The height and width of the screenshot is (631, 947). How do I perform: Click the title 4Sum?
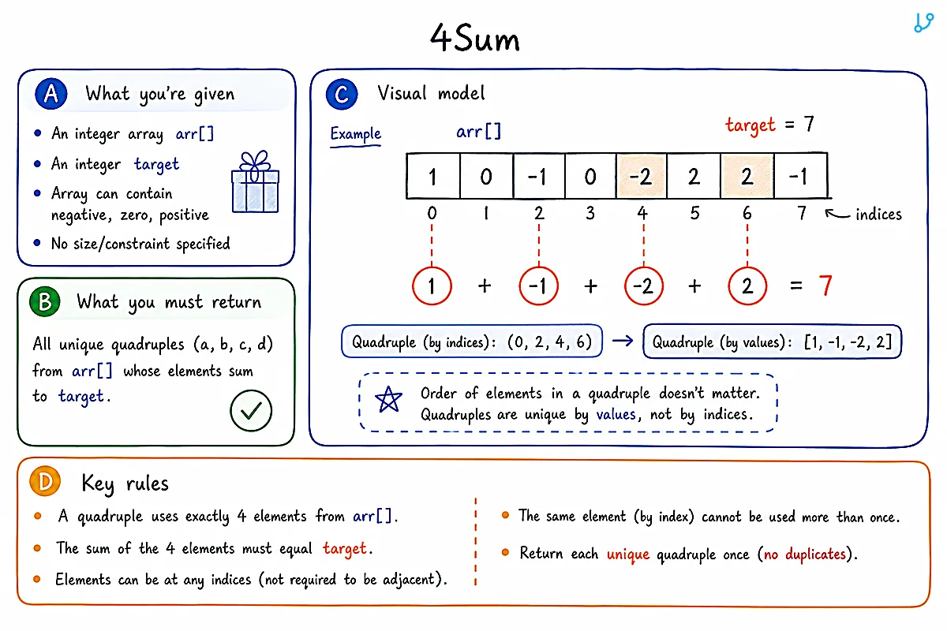pos(474,38)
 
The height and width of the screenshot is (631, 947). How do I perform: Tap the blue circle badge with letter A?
pos(51,93)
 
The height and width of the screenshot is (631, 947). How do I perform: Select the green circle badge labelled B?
pos(45,302)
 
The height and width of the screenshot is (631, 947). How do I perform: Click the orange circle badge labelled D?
pos(45,481)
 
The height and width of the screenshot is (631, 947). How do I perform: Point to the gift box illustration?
pos(256,181)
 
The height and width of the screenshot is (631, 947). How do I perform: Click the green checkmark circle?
pos(251,410)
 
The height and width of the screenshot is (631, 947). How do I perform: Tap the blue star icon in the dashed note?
pos(388,399)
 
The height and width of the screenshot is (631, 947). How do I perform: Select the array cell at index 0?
pos(433,176)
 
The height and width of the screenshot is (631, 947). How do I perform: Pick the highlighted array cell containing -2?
pos(642,176)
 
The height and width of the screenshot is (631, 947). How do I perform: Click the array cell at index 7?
pos(801,176)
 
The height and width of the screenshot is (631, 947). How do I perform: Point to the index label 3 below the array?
pos(590,213)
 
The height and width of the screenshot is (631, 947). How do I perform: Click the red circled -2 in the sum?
pos(643,286)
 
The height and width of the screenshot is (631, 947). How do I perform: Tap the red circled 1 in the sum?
pos(432,286)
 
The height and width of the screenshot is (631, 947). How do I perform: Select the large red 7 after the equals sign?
pos(825,286)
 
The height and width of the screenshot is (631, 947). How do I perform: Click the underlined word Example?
pos(356,134)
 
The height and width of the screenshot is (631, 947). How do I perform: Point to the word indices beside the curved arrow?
pos(878,215)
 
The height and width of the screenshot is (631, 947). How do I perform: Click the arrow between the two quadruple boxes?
pos(623,341)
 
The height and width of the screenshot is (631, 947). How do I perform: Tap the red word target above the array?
pos(750,125)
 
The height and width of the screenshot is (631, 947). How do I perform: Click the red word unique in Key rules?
pos(628,554)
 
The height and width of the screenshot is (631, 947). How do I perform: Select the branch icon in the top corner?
pos(923,23)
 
